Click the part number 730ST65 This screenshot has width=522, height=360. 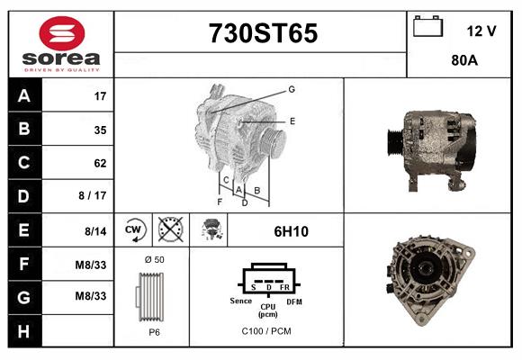263,33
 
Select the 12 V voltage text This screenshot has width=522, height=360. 481,31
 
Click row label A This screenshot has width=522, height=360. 24,95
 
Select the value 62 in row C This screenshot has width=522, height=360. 100,163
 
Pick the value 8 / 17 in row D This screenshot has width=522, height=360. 94,196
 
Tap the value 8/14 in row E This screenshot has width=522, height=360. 95,230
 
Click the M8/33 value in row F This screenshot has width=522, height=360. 92,265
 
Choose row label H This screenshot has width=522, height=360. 24,331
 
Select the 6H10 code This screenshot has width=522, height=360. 291,231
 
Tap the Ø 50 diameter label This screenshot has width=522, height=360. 154,259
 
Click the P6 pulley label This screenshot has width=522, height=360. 154,331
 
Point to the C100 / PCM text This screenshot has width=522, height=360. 266,331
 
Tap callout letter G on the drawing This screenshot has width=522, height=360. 292,89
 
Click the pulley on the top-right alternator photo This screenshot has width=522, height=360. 395,145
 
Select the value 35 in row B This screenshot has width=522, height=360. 100,130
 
